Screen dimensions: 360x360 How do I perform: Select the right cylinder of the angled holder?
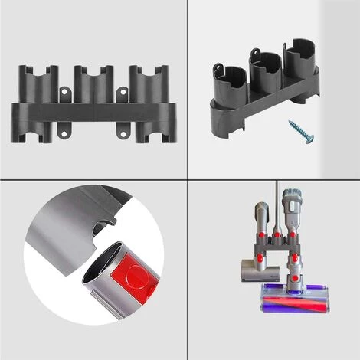coord(297,61)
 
